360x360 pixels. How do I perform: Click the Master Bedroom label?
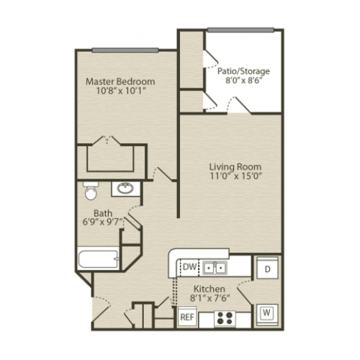click(120, 81)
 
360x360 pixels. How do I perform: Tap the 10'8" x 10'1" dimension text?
click(121, 91)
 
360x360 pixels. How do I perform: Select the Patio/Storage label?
click(243, 71)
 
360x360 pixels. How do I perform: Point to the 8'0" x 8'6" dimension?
click(243, 81)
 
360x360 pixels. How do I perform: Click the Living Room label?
click(235, 167)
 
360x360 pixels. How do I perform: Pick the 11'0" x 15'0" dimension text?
click(235, 176)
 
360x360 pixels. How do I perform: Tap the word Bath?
click(103, 213)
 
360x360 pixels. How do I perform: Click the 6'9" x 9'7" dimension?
click(103, 222)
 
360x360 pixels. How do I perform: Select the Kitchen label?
click(210, 289)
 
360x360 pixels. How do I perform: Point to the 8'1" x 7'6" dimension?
click(210, 298)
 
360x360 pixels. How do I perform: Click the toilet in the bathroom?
click(91, 191)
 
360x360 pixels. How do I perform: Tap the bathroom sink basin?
click(125, 189)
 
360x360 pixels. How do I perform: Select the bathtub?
click(99, 259)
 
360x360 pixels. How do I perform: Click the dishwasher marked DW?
click(189, 267)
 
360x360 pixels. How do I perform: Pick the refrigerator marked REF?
click(187, 317)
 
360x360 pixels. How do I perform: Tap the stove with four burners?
click(225, 318)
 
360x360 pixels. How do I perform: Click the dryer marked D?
click(267, 268)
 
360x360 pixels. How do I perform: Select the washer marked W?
click(267, 314)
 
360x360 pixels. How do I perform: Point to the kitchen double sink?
click(215, 267)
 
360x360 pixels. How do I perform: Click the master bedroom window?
click(125, 50)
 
